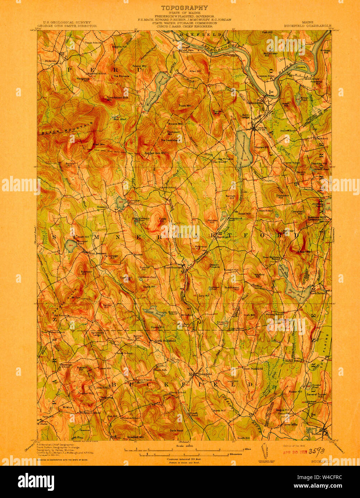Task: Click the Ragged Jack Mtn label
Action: [x=155, y=153]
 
